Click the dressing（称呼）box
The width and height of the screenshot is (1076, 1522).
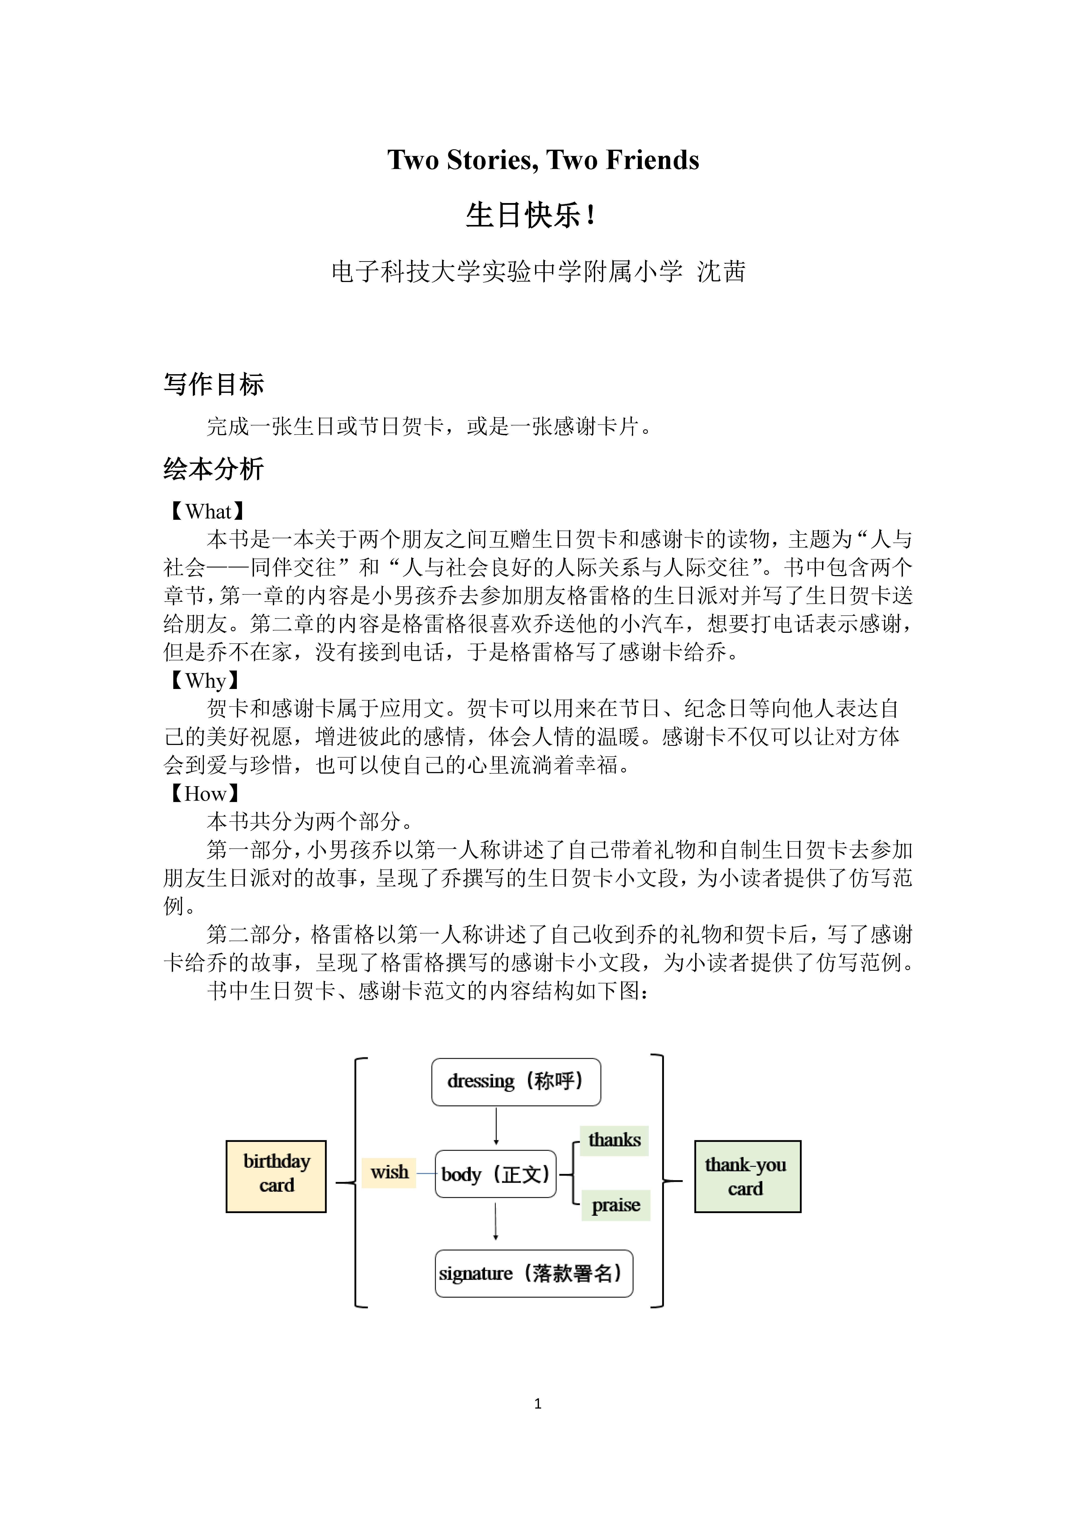[516, 1082]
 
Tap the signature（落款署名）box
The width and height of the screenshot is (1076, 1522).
[534, 1273]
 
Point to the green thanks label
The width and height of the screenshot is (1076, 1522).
[615, 1140]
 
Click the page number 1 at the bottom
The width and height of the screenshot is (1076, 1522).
[538, 1403]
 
